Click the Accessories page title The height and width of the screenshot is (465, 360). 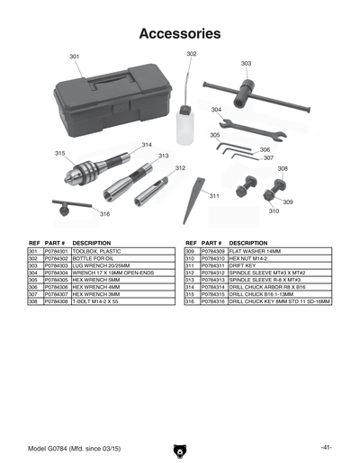coord(180,34)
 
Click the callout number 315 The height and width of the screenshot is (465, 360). coord(59,154)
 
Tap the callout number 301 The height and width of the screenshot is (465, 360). coord(74,57)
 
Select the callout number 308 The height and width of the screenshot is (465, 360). coord(283,168)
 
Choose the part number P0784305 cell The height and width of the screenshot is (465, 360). coord(57,280)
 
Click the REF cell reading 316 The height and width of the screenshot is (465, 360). coord(190,301)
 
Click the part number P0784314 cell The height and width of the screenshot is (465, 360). coord(212,287)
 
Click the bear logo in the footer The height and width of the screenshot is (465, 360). coord(180,447)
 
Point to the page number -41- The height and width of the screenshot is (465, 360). coord(326,447)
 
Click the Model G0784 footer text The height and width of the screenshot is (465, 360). coord(69,447)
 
